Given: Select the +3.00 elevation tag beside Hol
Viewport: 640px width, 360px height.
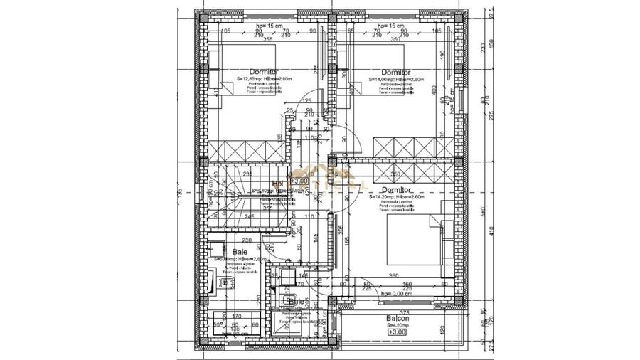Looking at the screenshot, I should click(298, 181).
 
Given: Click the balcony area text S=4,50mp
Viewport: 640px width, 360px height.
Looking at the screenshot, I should click(398, 325).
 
